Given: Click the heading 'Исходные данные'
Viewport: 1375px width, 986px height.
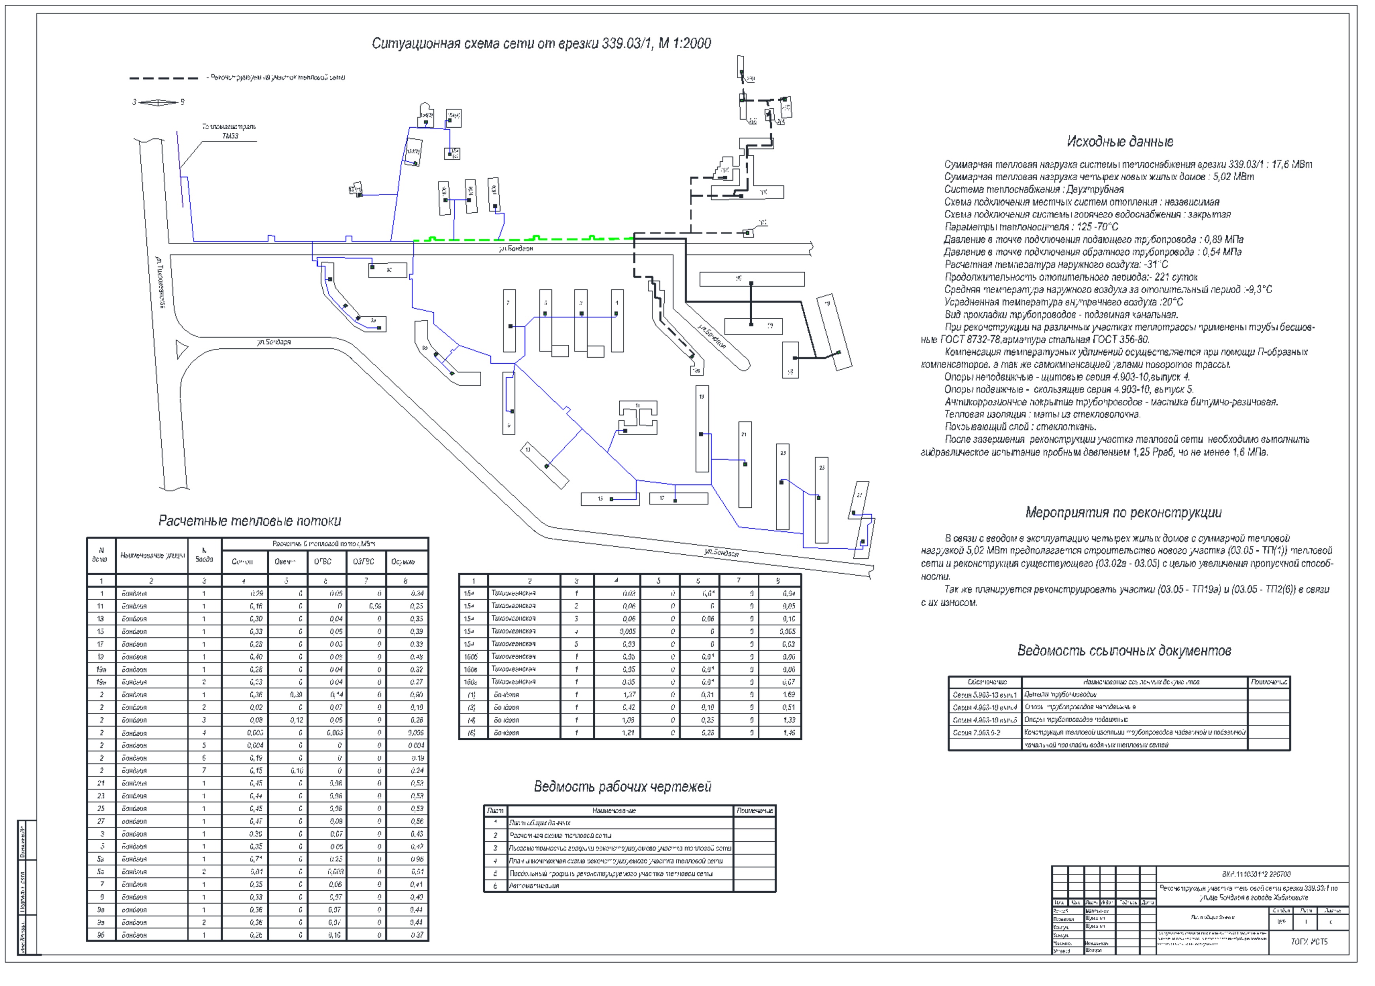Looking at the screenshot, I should point(1120,142).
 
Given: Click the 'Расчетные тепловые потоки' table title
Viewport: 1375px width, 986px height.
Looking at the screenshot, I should point(250,521).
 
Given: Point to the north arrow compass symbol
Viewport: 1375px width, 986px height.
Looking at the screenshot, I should point(158,102).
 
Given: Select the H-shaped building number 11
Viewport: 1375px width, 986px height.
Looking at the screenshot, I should point(638,417).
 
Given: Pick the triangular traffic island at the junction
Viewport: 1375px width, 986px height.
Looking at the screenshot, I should point(181,349).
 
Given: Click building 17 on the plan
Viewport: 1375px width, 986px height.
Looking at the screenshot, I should point(679,498).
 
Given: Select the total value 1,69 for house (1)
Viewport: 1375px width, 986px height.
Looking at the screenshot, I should point(788,695).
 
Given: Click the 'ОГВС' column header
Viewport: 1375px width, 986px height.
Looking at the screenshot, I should point(323,562).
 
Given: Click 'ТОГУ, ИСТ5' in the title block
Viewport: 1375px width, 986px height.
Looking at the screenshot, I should point(1309,942).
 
